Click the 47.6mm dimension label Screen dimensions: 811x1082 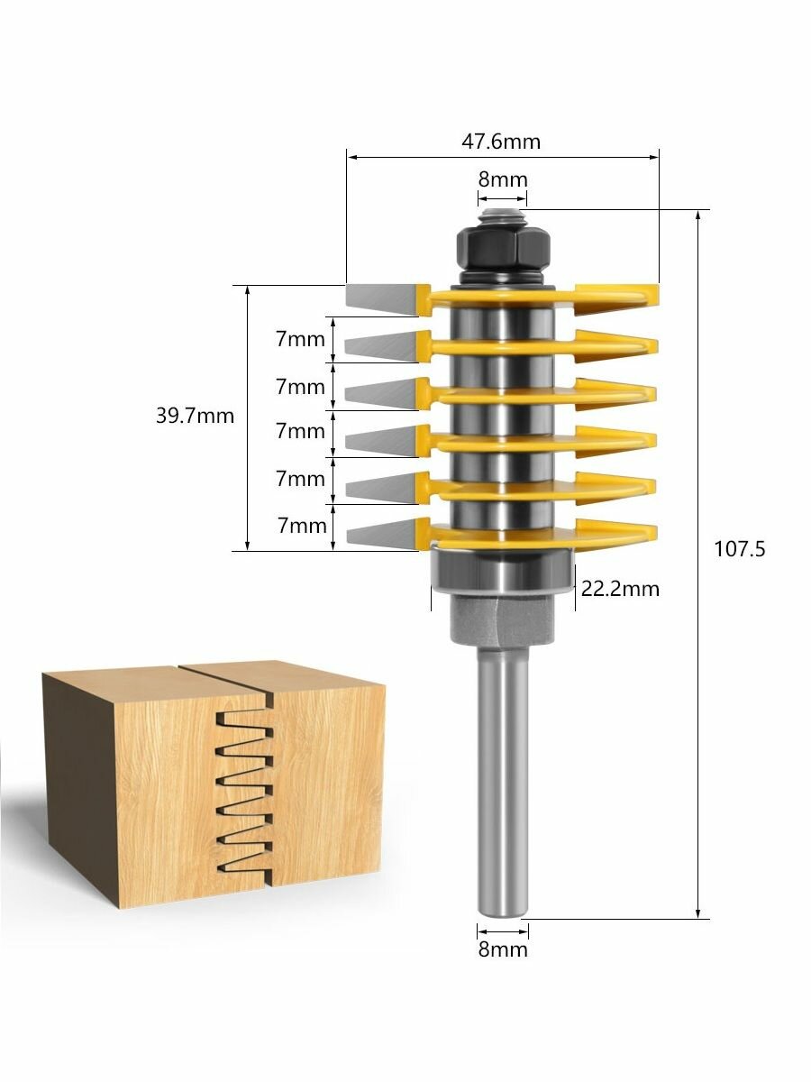tap(501, 142)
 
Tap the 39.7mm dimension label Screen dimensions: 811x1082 tap(195, 416)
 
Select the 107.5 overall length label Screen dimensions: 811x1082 tap(740, 548)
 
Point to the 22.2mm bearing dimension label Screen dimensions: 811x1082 tap(620, 589)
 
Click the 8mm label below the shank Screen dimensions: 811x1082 tap(503, 949)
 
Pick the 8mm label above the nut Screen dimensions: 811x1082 tap(503, 179)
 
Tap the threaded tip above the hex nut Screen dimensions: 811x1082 tap(503, 215)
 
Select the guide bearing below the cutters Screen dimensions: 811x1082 tap(503, 568)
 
